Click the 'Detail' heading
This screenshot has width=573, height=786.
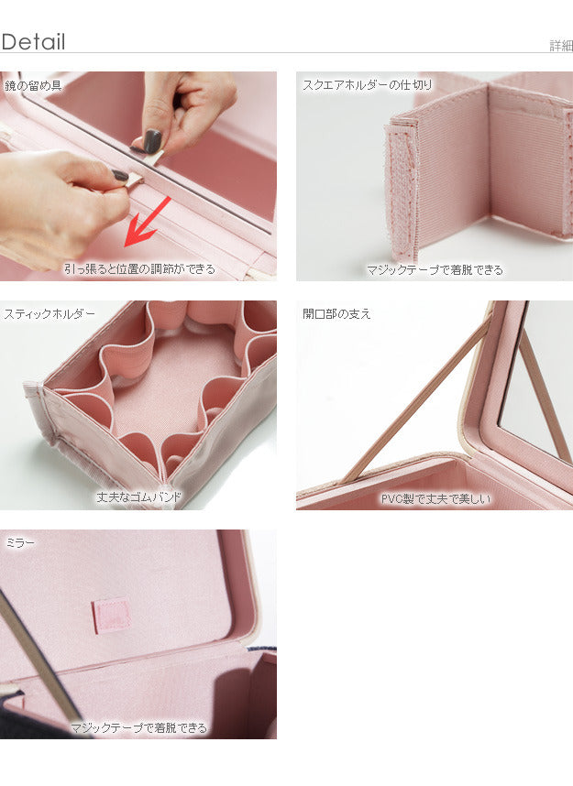[33, 41]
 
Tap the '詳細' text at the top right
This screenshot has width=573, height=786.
[561, 46]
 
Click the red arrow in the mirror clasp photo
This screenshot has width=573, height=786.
[147, 222]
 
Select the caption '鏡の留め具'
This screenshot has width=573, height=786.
[33, 86]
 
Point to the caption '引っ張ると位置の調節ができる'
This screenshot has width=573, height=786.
[139, 269]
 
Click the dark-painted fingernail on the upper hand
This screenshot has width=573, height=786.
[152, 140]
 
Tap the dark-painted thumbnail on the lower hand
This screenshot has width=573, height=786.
[120, 176]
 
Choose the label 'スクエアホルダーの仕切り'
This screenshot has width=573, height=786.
[367, 85]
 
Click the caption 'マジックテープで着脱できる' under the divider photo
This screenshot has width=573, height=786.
[435, 270]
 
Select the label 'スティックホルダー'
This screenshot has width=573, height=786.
[50, 314]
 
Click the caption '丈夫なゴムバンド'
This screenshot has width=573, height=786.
[139, 497]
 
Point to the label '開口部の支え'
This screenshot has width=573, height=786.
[336, 314]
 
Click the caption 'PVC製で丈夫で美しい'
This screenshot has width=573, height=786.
[435, 498]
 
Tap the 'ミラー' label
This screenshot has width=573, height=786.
[20, 543]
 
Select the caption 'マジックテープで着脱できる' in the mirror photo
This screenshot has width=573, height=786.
[138, 727]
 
